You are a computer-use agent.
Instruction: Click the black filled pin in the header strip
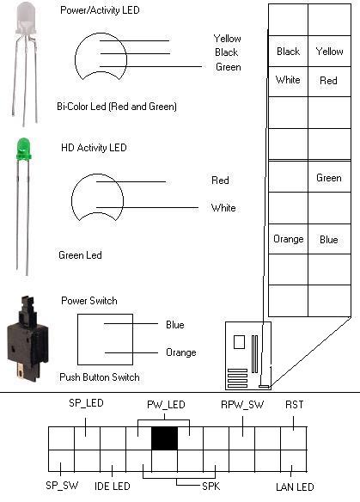(164, 438)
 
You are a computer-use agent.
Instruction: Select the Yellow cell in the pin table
(329, 52)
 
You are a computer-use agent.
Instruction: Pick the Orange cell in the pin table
(288, 239)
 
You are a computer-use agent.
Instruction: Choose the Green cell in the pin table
(329, 177)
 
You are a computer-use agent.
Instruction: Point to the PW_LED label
(166, 405)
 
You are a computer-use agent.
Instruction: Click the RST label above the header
(294, 405)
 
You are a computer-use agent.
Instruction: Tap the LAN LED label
(295, 487)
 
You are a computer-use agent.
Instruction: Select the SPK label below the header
(211, 487)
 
